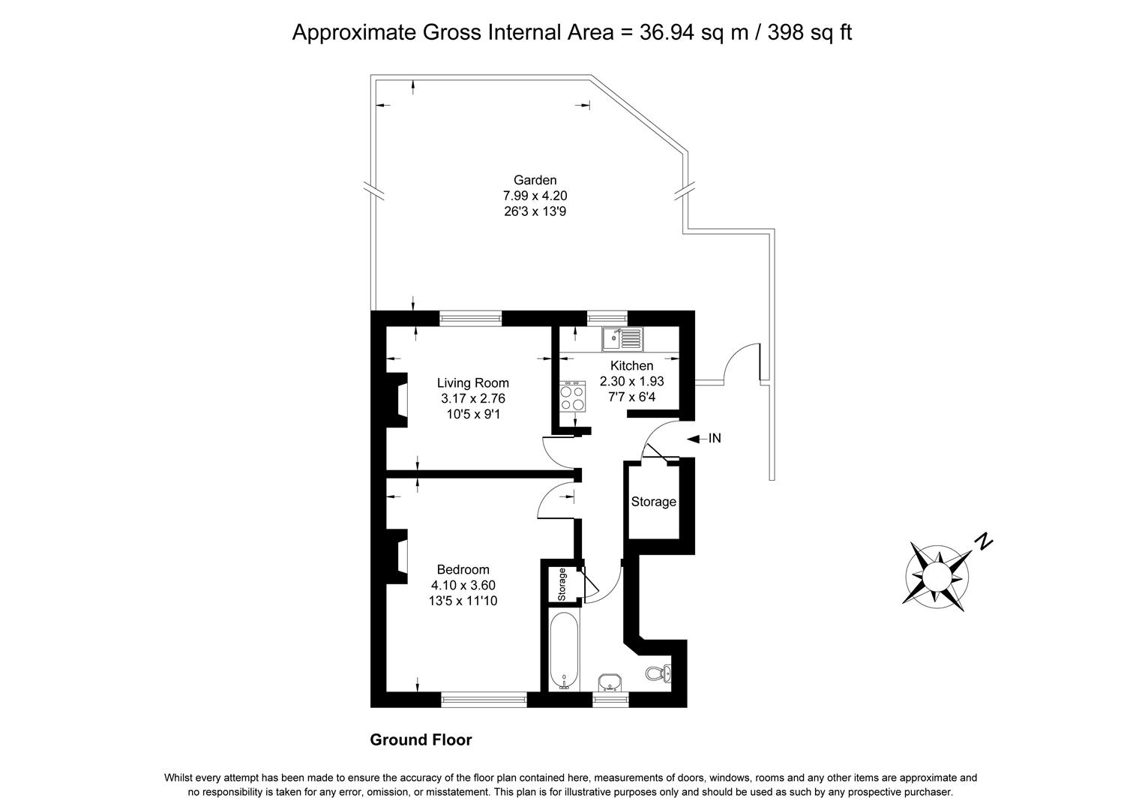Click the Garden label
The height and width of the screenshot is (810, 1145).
(535, 180)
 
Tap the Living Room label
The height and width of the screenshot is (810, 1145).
(473, 383)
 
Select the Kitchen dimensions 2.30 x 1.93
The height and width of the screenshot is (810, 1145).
(632, 381)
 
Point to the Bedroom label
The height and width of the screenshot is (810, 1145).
(463, 569)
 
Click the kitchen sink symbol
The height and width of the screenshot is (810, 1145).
(622, 339)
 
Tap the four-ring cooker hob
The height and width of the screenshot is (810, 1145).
(573, 396)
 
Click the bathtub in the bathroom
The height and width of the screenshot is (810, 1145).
(565, 650)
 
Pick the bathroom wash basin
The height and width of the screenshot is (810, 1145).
(610, 681)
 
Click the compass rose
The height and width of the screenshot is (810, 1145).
(937, 577)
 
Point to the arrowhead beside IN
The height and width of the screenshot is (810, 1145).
(693, 439)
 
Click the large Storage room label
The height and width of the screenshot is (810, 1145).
(653, 502)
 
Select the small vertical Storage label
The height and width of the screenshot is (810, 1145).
(562, 584)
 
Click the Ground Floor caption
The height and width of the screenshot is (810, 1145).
(421, 740)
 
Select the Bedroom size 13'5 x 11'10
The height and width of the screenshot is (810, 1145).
(463, 600)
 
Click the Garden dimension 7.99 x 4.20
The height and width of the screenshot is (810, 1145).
(535, 196)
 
